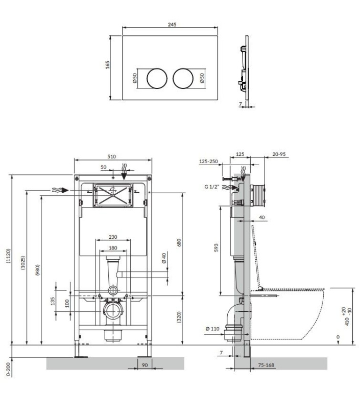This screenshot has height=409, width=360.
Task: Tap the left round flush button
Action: point(157,78)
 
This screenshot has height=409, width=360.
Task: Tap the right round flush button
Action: point(183,78)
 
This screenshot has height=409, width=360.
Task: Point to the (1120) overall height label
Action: point(9,260)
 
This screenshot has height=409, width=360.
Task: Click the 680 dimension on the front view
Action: point(179,242)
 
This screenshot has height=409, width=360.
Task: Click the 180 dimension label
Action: point(112,248)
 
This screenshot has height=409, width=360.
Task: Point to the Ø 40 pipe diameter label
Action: point(163,258)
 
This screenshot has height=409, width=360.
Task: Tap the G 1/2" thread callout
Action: point(212,188)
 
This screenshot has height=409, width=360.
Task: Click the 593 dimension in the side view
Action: point(215,247)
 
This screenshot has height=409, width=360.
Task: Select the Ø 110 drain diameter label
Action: point(213,329)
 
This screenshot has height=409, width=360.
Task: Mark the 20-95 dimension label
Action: point(279,154)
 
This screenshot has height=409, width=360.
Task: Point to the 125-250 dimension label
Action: point(208,162)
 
